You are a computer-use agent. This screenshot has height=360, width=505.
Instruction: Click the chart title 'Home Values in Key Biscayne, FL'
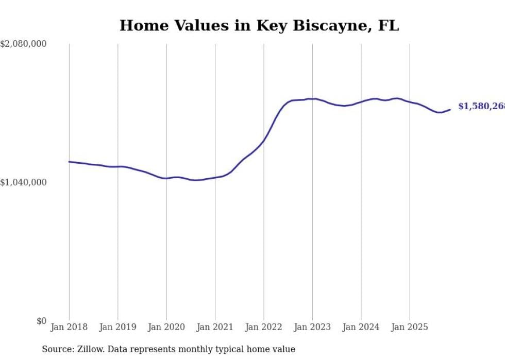(259, 25)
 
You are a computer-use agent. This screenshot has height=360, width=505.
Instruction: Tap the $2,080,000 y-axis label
(23, 44)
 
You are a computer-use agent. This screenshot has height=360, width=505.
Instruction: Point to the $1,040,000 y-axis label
(23, 182)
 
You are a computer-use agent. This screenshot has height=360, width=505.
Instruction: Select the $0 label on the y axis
(41, 321)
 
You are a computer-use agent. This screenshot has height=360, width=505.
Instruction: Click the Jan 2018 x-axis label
(69, 327)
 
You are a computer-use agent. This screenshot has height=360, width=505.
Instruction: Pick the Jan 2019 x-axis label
(117, 327)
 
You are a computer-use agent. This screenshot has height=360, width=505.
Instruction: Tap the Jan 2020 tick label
(166, 327)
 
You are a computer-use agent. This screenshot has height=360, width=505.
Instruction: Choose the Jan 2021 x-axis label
(215, 327)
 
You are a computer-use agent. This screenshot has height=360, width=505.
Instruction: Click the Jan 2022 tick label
(264, 327)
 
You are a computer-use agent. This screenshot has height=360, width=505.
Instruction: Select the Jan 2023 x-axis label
(312, 327)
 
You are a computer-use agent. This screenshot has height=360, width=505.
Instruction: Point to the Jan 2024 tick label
(361, 327)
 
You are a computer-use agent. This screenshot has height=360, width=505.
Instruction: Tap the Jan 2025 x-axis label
(410, 327)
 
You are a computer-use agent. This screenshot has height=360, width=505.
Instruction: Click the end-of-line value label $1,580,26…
(481, 106)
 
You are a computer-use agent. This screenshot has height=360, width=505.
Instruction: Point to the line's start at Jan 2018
(69, 162)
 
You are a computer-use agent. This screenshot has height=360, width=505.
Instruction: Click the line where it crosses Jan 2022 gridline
(264, 140)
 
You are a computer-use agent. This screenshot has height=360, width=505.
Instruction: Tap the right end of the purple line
(450, 109)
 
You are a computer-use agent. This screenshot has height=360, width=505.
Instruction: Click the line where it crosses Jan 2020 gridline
(166, 178)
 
